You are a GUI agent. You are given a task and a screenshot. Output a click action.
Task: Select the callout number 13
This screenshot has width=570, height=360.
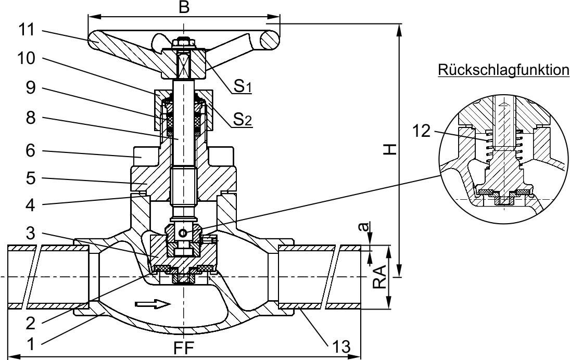pyautogui.click(x=340, y=345)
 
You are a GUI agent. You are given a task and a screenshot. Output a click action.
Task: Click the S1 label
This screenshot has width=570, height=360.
pyautogui.click(x=242, y=87)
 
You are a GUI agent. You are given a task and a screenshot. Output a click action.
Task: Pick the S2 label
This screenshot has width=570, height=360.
pyautogui.click(x=242, y=121)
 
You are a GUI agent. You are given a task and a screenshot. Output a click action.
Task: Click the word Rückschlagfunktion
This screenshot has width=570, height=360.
pyautogui.click(x=503, y=69)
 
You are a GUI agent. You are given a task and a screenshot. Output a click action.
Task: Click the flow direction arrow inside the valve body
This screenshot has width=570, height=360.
pyautogui.click(x=152, y=303)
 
